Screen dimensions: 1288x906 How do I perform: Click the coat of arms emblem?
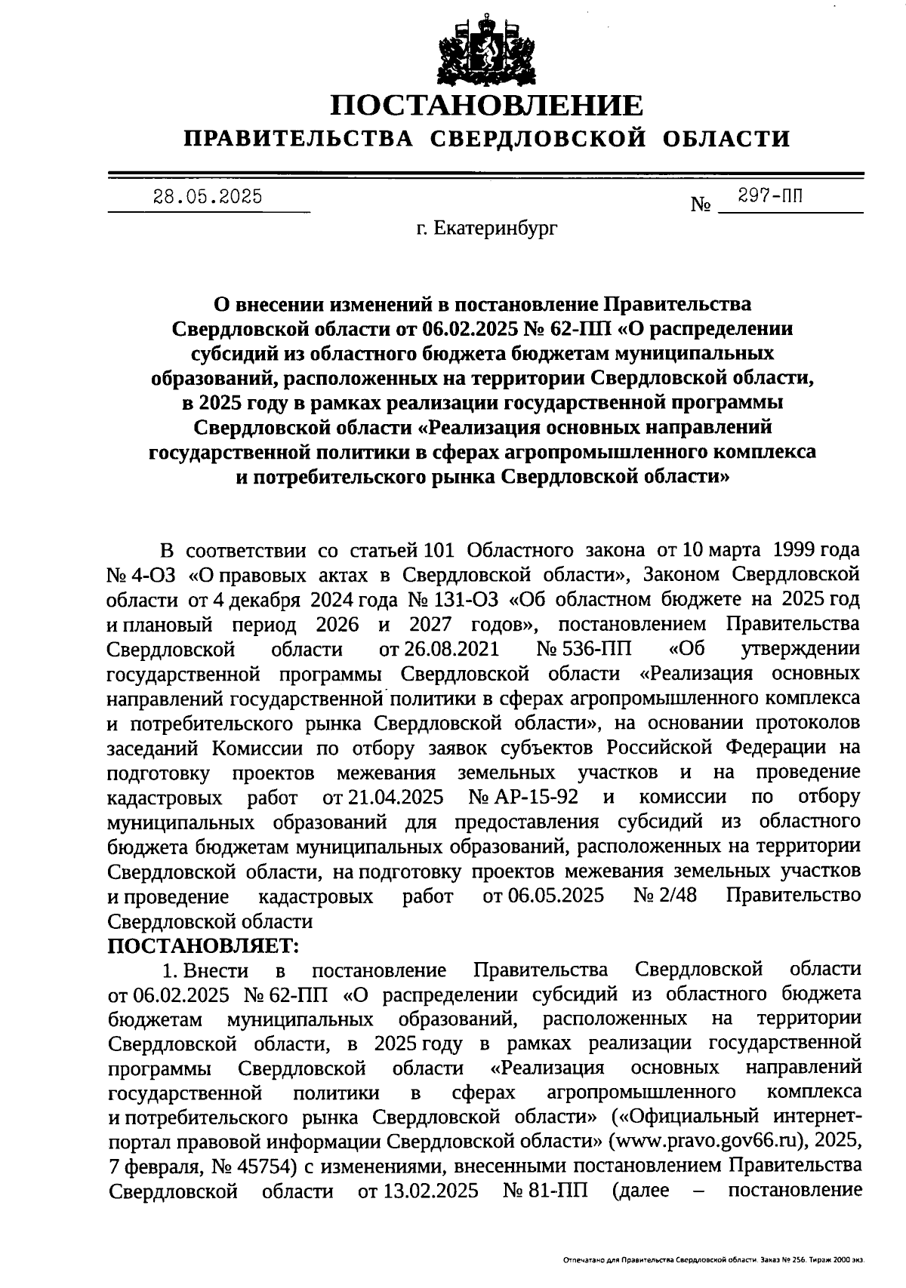tap(486, 47)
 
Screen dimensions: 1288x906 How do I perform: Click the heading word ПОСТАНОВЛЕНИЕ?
tap(486, 105)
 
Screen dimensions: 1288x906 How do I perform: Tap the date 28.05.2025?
tap(208, 198)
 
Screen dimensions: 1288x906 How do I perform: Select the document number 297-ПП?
tap(770, 196)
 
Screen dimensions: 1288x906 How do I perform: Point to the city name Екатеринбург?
tap(497, 228)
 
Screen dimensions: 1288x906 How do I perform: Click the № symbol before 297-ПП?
tap(701, 204)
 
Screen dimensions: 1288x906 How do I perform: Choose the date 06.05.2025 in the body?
tap(543, 896)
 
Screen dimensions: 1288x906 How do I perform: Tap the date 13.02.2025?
tap(418, 1191)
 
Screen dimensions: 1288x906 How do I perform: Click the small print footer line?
tap(713, 1260)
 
